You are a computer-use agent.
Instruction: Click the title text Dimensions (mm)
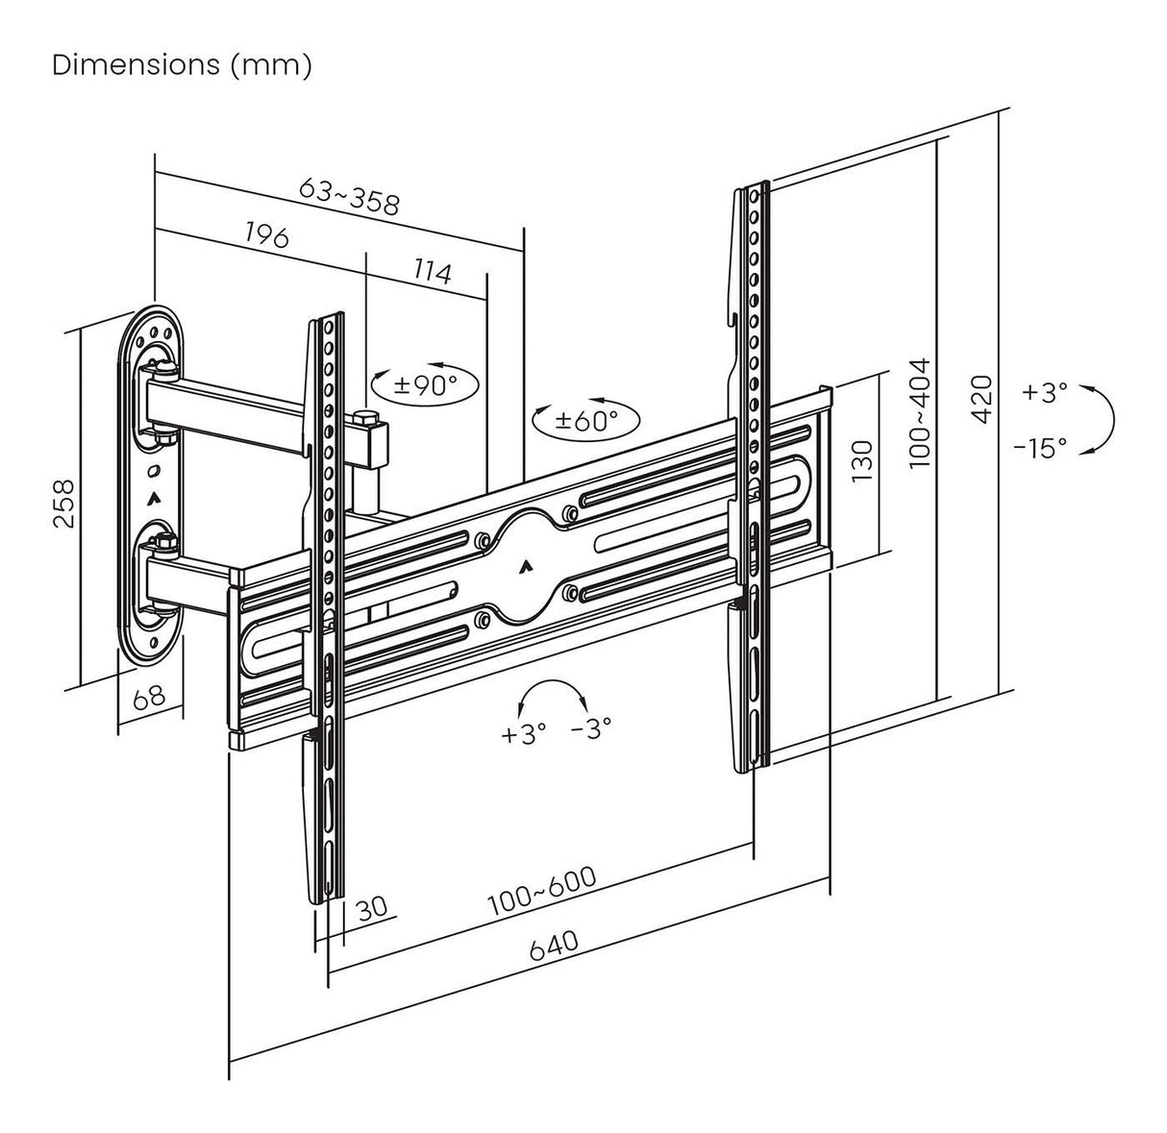tap(182, 66)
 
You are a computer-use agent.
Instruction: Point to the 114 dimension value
tap(432, 272)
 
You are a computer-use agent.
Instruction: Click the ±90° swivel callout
tap(425, 384)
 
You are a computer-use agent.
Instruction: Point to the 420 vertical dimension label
tap(981, 397)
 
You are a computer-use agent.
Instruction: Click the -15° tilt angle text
tap(1039, 448)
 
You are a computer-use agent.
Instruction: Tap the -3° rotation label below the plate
tap(590, 729)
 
